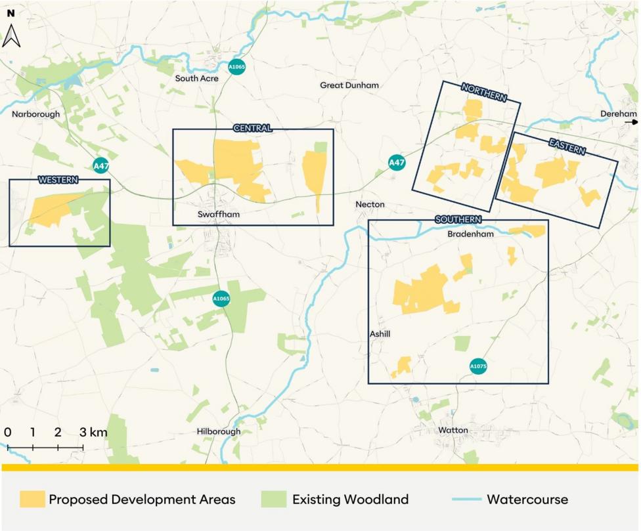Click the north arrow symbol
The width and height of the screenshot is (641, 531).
[11, 35]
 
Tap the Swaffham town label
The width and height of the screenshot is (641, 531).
[218, 215]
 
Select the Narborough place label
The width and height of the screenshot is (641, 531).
[35, 114]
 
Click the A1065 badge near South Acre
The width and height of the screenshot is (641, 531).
[237, 66]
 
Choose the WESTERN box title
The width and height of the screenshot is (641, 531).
[58, 180]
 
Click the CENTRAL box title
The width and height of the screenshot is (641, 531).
[252, 129]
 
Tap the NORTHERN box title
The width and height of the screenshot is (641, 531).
[484, 93]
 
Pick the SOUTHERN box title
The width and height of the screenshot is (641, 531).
[458, 219]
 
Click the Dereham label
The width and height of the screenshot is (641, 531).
[613, 114]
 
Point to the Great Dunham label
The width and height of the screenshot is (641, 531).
[349, 85]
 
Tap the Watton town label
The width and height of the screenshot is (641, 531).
[453, 431]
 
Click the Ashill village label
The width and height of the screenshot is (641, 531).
[380, 334]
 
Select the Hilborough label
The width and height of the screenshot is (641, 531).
[219, 432]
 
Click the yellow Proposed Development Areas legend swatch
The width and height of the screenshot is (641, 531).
[32, 499]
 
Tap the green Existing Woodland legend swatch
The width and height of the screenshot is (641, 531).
[273, 499]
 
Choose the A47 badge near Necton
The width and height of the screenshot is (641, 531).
[396, 162]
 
